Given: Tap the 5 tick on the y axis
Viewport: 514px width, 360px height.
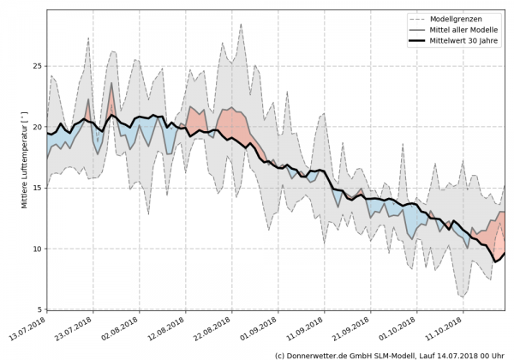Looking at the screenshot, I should click(38, 309).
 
